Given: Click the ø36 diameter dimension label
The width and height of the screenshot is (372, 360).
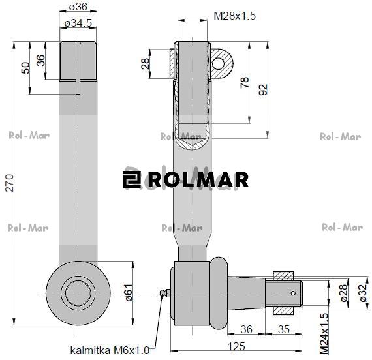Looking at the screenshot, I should [78, 8].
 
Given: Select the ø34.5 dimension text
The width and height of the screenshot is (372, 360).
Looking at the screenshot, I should [78, 24].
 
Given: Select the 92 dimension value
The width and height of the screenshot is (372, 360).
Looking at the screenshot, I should [263, 89].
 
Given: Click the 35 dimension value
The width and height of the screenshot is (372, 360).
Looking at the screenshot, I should [284, 329].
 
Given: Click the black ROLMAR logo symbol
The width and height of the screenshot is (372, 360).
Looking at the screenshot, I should [132, 179].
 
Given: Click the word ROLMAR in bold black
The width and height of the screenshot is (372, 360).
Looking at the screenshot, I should [198, 179].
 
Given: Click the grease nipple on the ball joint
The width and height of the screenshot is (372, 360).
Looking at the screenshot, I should [165, 294].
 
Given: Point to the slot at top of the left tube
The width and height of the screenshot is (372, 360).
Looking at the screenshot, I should [78, 65].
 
